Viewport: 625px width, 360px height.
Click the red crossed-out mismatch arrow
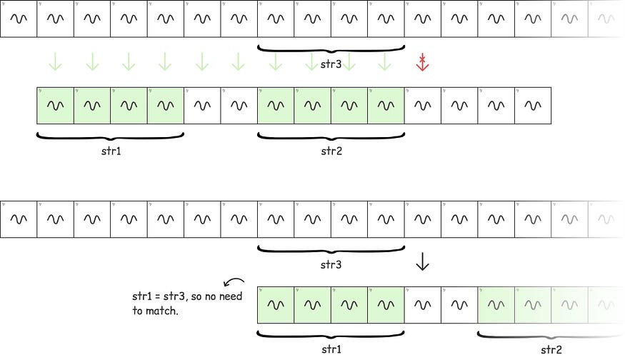click(x=422, y=63)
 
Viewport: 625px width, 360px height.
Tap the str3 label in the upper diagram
click(x=331, y=65)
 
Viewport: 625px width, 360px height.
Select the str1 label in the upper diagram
click(x=111, y=151)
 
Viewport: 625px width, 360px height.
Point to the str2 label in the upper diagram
click(x=331, y=151)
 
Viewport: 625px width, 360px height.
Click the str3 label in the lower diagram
click(x=331, y=264)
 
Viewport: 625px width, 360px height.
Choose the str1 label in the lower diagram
click(x=331, y=349)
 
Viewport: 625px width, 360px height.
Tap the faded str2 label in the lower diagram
click(x=551, y=349)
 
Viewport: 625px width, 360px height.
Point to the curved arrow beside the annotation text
click(x=234, y=281)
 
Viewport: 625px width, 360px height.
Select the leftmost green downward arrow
click(x=55, y=62)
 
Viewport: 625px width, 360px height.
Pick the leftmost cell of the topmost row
click(x=19, y=19)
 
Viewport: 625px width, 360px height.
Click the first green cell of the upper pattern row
click(x=55, y=105)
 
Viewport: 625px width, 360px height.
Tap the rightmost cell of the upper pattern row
click(x=532, y=105)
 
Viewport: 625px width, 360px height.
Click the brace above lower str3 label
click(x=331, y=249)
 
